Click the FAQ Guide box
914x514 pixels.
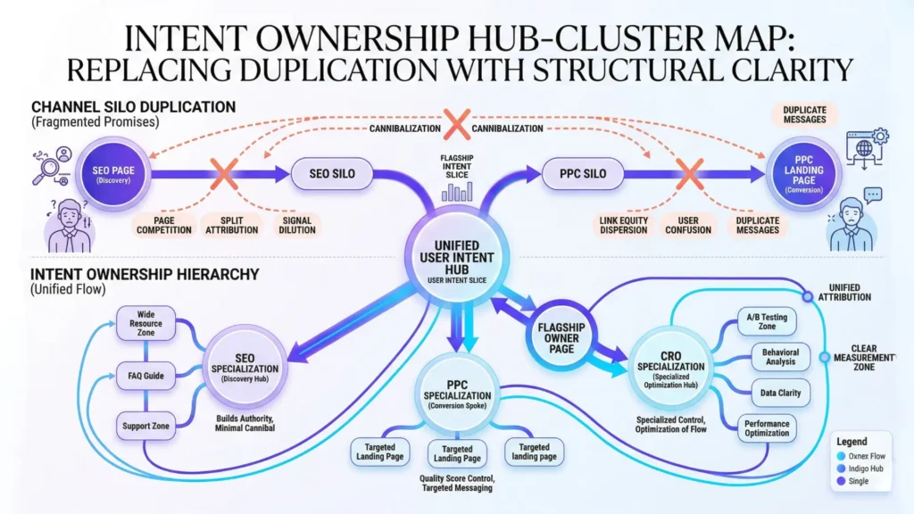144,376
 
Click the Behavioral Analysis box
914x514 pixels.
768,357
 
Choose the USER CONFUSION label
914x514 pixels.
688,223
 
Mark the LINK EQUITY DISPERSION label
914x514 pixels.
624,223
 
